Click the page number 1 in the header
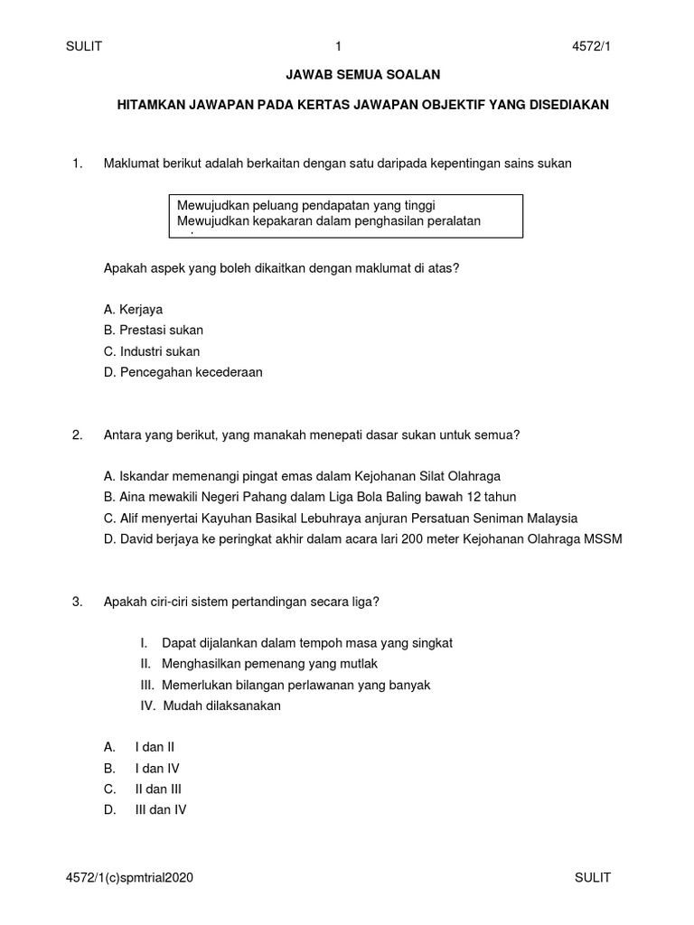338,47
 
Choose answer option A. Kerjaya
134,309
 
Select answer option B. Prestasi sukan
154,330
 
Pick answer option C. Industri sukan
152,351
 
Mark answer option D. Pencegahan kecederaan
183,372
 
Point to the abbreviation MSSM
602,539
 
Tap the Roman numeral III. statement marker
147,685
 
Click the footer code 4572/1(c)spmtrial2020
129,877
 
